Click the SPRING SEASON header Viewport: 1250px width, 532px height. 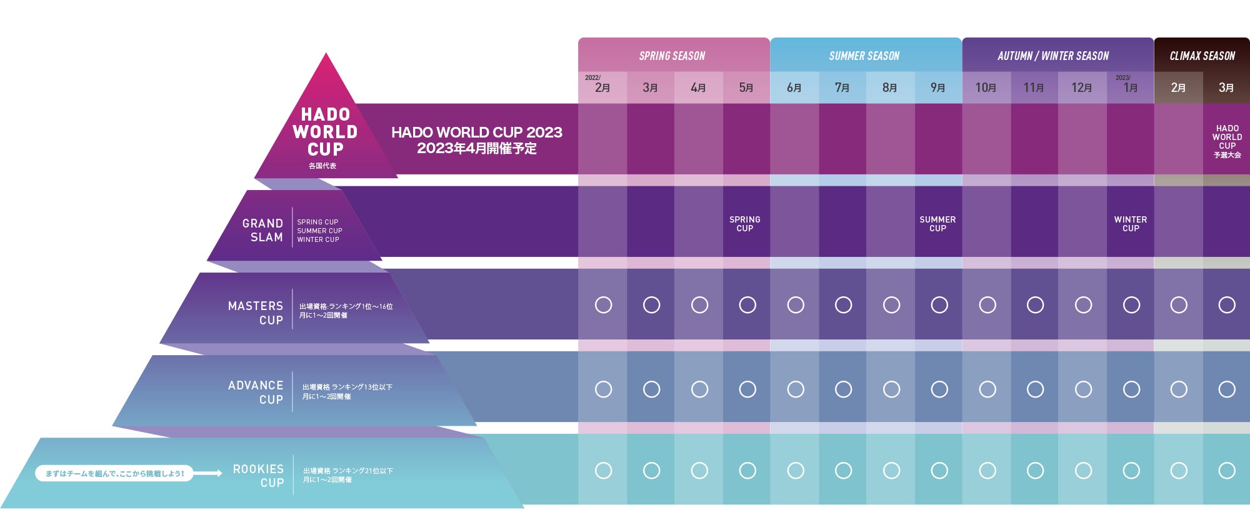click(672, 56)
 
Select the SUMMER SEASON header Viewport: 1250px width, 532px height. click(864, 56)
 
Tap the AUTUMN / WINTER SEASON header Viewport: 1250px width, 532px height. click(1053, 56)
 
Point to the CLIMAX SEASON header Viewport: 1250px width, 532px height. click(1202, 56)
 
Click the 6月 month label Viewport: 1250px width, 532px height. click(794, 88)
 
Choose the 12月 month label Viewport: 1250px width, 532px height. click(1082, 88)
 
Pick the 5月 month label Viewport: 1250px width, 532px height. click(746, 88)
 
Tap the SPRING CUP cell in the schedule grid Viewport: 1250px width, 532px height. click(745, 224)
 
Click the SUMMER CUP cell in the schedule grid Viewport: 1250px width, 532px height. click(937, 224)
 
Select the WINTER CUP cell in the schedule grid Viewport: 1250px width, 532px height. click(1130, 224)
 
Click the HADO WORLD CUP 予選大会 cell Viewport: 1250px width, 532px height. click(1227, 141)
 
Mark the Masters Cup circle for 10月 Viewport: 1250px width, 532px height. click(987, 305)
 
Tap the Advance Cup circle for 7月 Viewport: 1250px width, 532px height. click(843, 389)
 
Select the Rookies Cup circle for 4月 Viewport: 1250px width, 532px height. click(699, 470)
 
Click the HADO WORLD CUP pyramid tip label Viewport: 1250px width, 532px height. click(325, 132)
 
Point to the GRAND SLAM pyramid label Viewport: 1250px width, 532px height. click(263, 230)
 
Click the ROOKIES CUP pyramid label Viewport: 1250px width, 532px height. click(259, 475)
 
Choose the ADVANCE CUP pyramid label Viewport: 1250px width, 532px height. click(256, 392)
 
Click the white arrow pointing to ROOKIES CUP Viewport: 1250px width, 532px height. click(209, 473)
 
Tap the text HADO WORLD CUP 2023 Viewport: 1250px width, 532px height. click(477, 133)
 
